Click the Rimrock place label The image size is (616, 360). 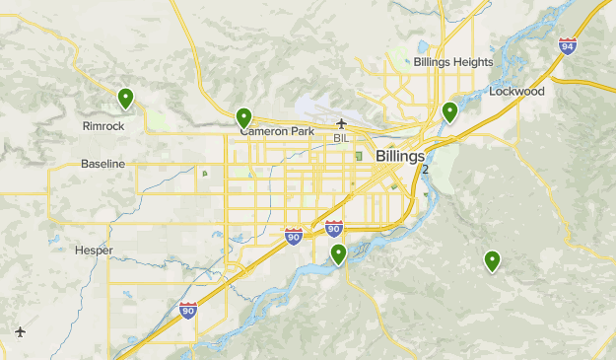[103, 126]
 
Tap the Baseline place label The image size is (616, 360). [103, 163]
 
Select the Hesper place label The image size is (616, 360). [94, 250]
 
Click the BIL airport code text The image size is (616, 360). [341, 138]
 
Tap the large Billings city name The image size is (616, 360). [400, 156]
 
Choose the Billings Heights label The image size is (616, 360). [452, 61]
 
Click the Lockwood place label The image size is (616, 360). [516, 92]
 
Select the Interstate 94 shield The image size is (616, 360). [567, 45]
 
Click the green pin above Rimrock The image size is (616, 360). [125, 98]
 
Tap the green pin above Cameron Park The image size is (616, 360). [243, 117]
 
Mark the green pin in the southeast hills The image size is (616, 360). [492, 260]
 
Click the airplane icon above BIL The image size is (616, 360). [341, 123]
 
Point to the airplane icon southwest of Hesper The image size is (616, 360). [21, 331]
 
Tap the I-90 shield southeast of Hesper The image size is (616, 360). [187, 310]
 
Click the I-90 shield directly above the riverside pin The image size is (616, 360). [334, 229]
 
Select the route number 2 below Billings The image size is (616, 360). [426, 170]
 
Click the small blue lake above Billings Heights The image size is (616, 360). [422, 46]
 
